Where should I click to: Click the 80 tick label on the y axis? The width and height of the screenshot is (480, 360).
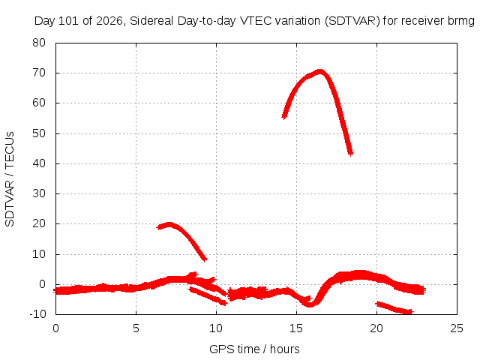tap(39, 43)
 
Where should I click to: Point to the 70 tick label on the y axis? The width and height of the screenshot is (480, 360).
tap(39, 73)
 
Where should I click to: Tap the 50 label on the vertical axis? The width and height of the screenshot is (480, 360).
tap(39, 133)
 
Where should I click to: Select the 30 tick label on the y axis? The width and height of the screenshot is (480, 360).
tap(39, 193)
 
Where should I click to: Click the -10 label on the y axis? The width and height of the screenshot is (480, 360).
tap(37, 314)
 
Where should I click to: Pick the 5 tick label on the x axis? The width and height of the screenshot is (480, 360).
tap(136, 328)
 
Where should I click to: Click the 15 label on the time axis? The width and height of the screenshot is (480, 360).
tap(296, 328)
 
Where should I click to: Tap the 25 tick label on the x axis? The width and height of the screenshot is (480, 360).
tap(457, 328)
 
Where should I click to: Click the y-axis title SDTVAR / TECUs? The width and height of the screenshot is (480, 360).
tap(10, 179)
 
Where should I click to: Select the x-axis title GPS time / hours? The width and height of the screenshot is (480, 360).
tap(254, 349)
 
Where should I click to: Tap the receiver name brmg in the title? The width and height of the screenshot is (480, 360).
tap(460, 21)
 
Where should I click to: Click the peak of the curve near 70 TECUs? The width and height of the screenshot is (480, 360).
tap(320, 72)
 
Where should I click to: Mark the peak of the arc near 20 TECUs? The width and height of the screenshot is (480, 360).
tap(169, 225)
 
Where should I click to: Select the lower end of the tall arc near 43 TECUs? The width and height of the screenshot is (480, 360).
tap(350, 153)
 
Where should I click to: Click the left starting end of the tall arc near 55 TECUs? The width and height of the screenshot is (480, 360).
tap(284, 117)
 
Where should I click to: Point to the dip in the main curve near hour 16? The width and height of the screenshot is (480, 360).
tap(310, 304)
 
